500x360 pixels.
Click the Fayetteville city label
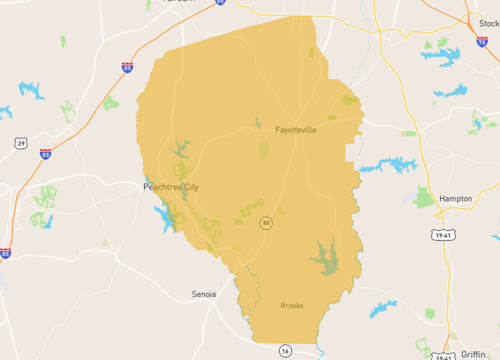[295, 129]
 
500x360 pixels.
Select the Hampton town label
[455, 198]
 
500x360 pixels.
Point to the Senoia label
[204, 295]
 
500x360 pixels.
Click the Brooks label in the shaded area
[291, 305]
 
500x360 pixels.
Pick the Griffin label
[473, 354]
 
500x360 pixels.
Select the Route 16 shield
[285, 350]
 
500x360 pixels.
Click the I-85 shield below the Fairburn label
[126, 67]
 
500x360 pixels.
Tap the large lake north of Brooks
[324, 259]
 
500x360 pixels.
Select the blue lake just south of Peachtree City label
[161, 214]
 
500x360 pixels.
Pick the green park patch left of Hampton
[424, 198]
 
